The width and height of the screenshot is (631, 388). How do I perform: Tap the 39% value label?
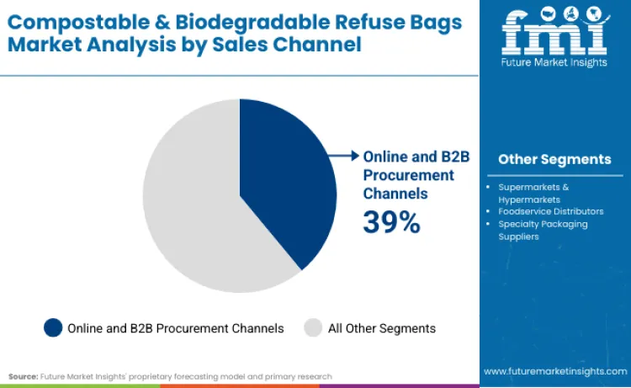pos(391,221)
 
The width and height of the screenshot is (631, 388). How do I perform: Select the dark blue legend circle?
pos(52,328)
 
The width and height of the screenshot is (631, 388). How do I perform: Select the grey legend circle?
pos(313,328)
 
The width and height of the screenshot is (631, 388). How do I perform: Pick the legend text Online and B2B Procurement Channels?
pos(175,328)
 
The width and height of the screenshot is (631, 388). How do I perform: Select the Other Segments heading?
pos(554,159)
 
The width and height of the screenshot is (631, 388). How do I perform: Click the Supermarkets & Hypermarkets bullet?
pos(533,192)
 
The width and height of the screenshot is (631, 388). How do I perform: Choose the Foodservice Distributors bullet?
pos(550,211)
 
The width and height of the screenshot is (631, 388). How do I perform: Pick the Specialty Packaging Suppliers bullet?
pos(543,230)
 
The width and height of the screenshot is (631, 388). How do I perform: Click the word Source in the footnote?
pos(23,376)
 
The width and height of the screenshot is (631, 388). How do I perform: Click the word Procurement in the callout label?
pos(409,175)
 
